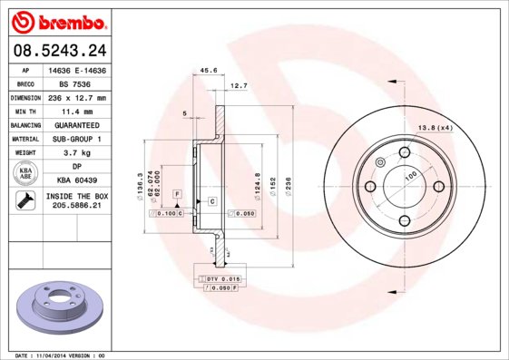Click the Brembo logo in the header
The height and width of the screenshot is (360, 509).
(59, 22)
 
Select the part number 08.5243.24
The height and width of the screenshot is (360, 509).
(60, 50)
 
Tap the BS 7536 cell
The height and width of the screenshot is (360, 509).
(75, 84)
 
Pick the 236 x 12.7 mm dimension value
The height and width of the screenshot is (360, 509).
(77, 98)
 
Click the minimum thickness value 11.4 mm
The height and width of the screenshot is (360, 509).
(77, 112)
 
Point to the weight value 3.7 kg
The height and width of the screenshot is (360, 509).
(77, 152)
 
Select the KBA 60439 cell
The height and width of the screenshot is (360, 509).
(77, 180)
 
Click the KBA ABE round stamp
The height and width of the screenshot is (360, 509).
(25, 173)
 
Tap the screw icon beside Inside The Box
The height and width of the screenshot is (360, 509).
(25, 200)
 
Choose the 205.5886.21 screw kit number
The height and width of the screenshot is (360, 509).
(77, 205)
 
